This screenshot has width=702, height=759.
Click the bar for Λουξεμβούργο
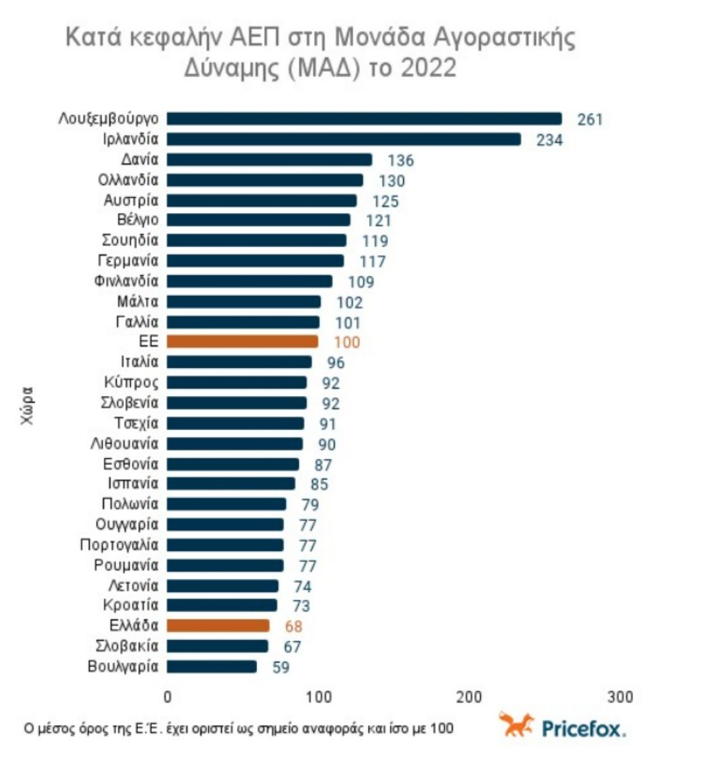[x=364, y=119]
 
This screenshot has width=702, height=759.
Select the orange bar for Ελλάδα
[x=218, y=626]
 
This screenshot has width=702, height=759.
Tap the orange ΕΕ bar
[x=243, y=342]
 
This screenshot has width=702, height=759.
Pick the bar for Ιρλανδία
[x=344, y=139]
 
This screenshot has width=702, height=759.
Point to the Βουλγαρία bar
[x=212, y=666]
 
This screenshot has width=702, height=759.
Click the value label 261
[x=590, y=120]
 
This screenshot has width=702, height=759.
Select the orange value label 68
[x=293, y=626]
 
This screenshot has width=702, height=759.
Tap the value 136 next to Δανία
[x=400, y=160]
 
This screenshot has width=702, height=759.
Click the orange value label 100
[x=346, y=342]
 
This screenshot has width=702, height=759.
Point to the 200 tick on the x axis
[x=469, y=697]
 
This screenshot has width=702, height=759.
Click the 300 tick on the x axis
[x=620, y=697]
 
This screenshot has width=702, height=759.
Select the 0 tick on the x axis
[x=168, y=697]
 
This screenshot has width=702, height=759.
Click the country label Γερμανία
[x=128, y=261]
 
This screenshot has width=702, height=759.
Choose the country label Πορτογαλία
[x=119, y=545]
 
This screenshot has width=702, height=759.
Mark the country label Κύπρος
[x=131, y=382]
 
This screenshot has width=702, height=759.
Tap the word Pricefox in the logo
[x=584, y=728]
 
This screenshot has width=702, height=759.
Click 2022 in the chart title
[x=428, y=68]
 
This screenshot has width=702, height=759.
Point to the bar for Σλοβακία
[x=218, y=646]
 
